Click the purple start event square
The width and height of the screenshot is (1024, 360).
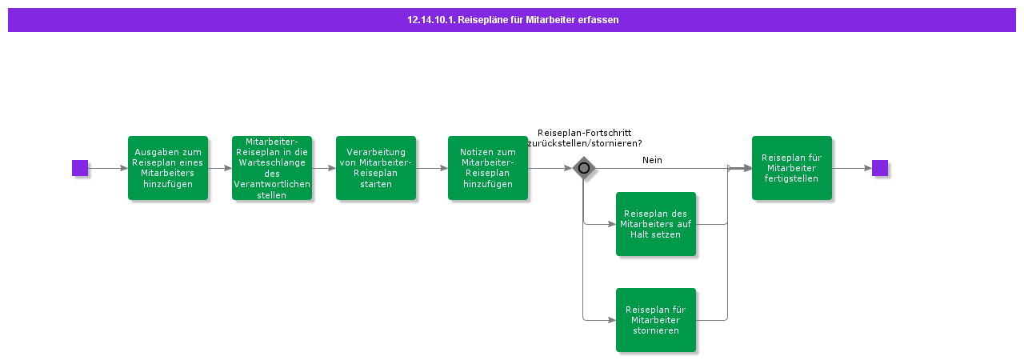80,168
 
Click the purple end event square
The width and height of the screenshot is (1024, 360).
880,168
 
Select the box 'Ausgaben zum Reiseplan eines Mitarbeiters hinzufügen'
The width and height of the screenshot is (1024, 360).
168,168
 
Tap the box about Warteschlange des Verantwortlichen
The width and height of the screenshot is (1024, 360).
272,168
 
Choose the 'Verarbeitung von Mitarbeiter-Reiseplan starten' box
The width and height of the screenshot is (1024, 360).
376,168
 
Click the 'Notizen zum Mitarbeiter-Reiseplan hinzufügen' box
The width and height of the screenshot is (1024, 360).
488,168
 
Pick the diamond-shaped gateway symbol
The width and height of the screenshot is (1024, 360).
584,168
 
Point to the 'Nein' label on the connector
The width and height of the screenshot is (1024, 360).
652,160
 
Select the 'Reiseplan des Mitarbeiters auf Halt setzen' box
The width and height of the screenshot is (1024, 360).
656,224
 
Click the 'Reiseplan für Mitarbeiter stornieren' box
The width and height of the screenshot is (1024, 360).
656,320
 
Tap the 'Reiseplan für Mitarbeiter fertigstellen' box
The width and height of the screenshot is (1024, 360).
792,168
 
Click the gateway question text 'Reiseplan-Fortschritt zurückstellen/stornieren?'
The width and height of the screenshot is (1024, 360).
584,138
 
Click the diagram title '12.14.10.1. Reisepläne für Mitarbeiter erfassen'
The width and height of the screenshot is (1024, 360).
512,20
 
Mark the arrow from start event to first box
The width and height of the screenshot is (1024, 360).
108,168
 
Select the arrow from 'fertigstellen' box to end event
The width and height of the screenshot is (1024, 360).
852,168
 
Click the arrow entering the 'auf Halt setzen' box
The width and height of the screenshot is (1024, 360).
600,224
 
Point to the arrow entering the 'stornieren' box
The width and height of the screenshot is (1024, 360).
600,320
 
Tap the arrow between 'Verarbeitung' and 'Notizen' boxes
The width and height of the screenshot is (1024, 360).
432,168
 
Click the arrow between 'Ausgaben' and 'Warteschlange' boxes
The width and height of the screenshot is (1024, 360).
220,168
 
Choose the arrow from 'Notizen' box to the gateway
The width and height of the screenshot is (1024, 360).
550,168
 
